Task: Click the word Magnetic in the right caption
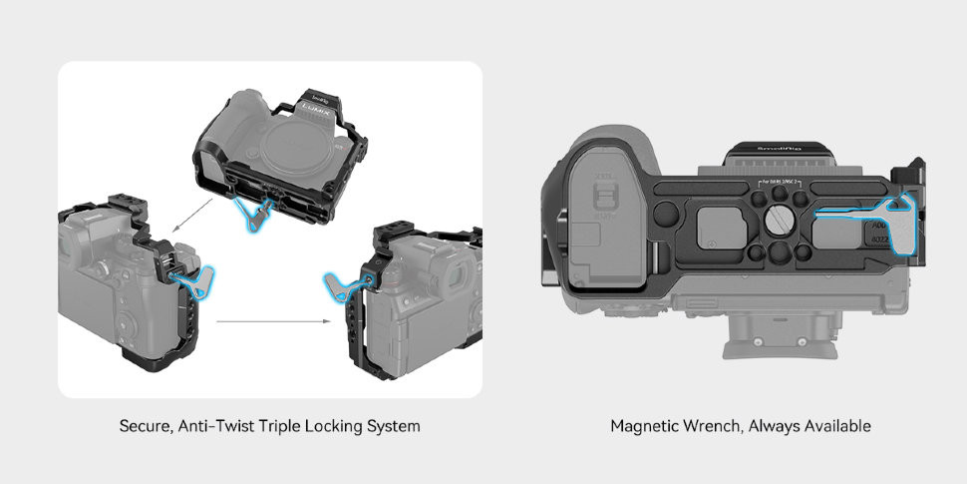click(x=642, y=426)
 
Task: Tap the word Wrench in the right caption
click(x=710, y=426)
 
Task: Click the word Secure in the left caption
click(x=145, y=426)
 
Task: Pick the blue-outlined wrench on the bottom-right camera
click(x=343, y=286)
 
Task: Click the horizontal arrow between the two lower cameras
click(x=273, y=321)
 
